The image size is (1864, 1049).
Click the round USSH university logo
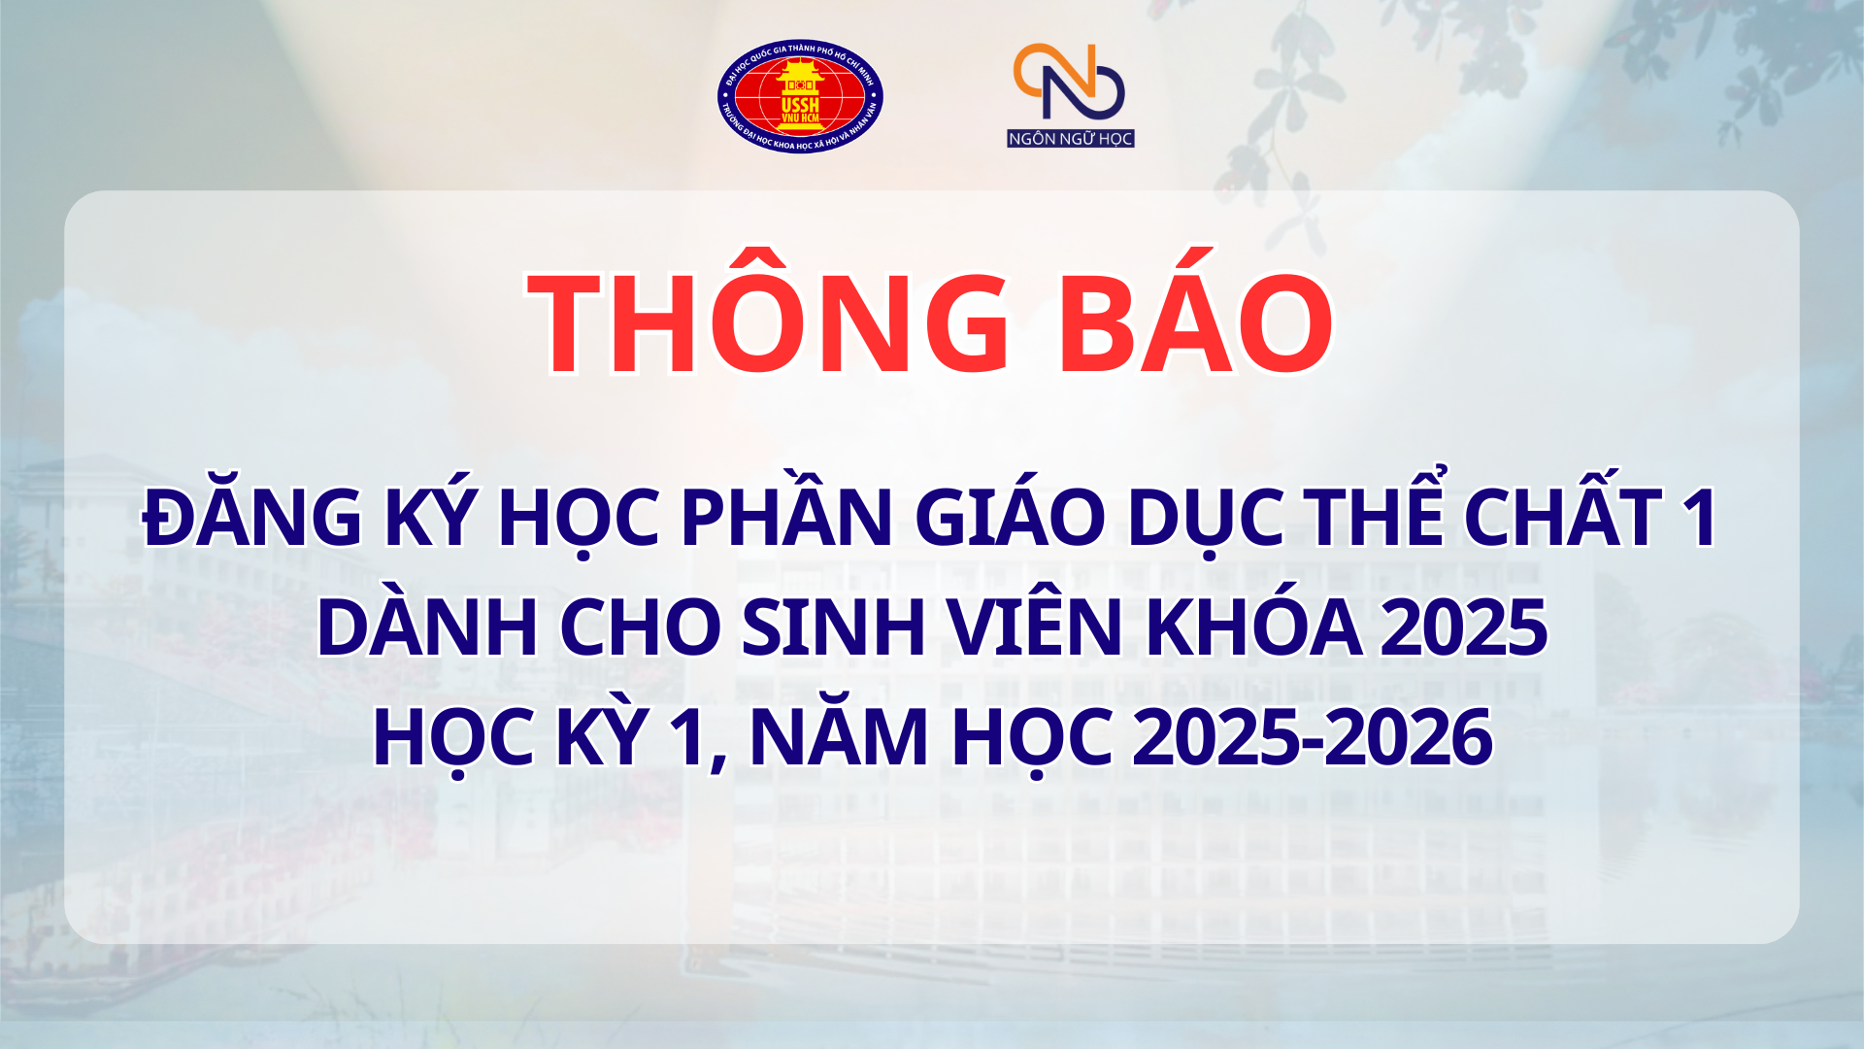pyautogui.click(x=800, y=96)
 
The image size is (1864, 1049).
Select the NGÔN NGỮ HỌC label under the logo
pyautogui.click(x=1071, y=139)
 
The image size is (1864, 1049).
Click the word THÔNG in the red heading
pyautogui.click(x=769, y=321)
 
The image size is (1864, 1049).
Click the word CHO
pyautogui.click(x=640, y=626)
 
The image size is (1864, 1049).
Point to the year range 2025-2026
pyautogui.click(x=1313, y=736)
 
